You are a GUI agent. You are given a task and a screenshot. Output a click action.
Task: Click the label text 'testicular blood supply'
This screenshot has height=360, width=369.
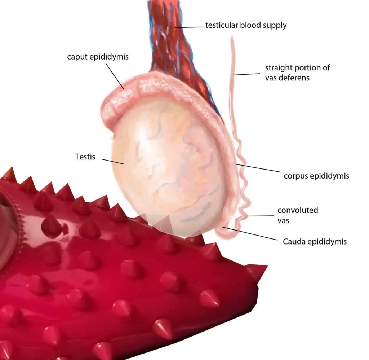pos(246,25)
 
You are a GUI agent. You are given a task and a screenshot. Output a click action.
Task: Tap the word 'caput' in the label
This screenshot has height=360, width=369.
pos(76,57)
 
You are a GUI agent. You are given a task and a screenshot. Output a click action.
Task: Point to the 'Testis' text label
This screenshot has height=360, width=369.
pos(85,157)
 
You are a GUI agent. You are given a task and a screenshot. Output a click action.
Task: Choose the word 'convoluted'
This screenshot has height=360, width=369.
pos(298,210)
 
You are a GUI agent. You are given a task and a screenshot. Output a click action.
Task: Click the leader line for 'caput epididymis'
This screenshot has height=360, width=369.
pos(115,76)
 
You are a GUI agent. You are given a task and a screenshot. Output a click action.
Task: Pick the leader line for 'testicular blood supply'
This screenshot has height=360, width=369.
pos(189,27)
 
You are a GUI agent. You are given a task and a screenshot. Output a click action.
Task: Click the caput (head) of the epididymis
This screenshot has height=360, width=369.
pos(115,103)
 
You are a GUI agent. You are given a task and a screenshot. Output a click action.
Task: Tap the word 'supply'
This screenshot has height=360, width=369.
pos(276,26)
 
